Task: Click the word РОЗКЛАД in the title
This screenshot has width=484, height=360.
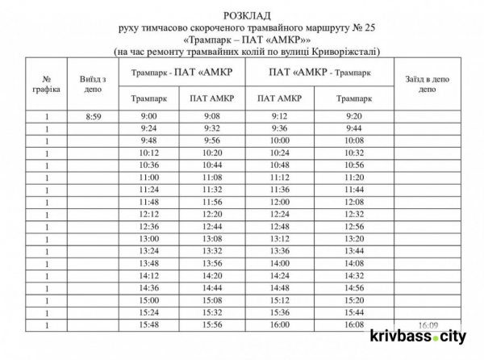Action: click(x=247, y=15)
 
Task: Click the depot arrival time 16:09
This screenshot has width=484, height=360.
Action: click(x=428, y=324)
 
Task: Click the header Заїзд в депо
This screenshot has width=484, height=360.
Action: click(x=428, y=85)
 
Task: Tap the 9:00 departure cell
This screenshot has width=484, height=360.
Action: click(x=148, y=117)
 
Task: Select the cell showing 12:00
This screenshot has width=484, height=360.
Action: click(x=279, y=202)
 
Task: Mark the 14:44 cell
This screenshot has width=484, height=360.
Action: click(x=212, y=287)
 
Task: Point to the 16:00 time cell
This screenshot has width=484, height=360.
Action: click(x=279, y=324)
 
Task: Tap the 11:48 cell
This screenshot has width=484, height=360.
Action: click(x=148, y=202)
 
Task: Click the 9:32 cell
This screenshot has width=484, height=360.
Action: click(x=212, y=128)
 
